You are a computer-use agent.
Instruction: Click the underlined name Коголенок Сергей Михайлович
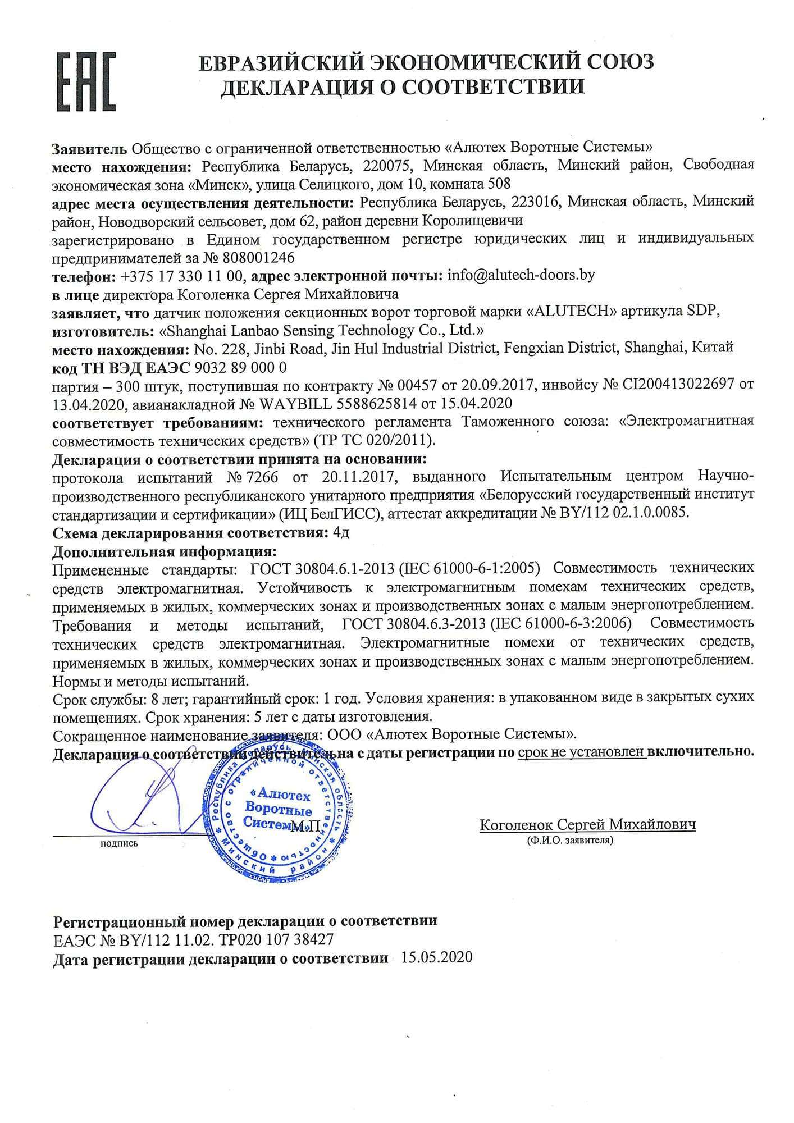(587, 824)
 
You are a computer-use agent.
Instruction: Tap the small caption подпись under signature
(119, 843)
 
